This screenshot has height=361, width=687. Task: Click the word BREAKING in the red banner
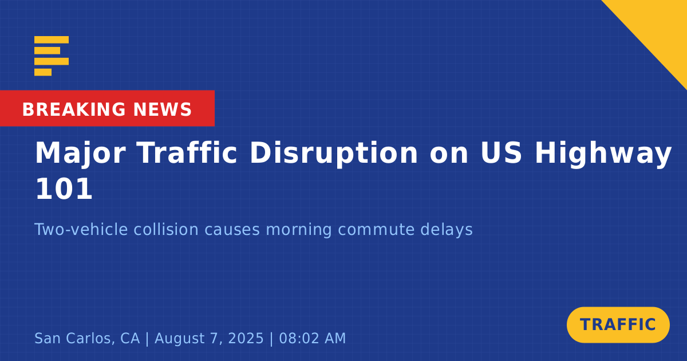coord(74,109)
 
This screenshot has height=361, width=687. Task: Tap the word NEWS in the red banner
coord(163,109)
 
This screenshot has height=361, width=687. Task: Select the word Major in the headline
coord(80,154)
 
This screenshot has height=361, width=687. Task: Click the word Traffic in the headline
coord(187,152)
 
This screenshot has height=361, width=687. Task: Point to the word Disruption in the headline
coord(334,154)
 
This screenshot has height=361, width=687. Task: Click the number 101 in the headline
coord(64,189)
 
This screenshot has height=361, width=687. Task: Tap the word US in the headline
coord(501,152)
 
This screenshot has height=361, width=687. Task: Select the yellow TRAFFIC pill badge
coord(618,325)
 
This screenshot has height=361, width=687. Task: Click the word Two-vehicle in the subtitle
coord(81,229)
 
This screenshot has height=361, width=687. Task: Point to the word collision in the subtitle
coord(166,229)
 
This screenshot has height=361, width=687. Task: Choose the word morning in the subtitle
coord(298,230)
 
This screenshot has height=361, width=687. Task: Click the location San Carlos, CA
coord(87,338)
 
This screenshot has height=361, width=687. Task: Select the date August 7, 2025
coord(209,338)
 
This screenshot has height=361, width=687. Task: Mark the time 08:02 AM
coord(312,338)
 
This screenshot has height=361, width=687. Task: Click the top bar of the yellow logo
coord(52,40)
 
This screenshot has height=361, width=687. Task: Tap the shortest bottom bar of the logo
coord(43,72)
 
